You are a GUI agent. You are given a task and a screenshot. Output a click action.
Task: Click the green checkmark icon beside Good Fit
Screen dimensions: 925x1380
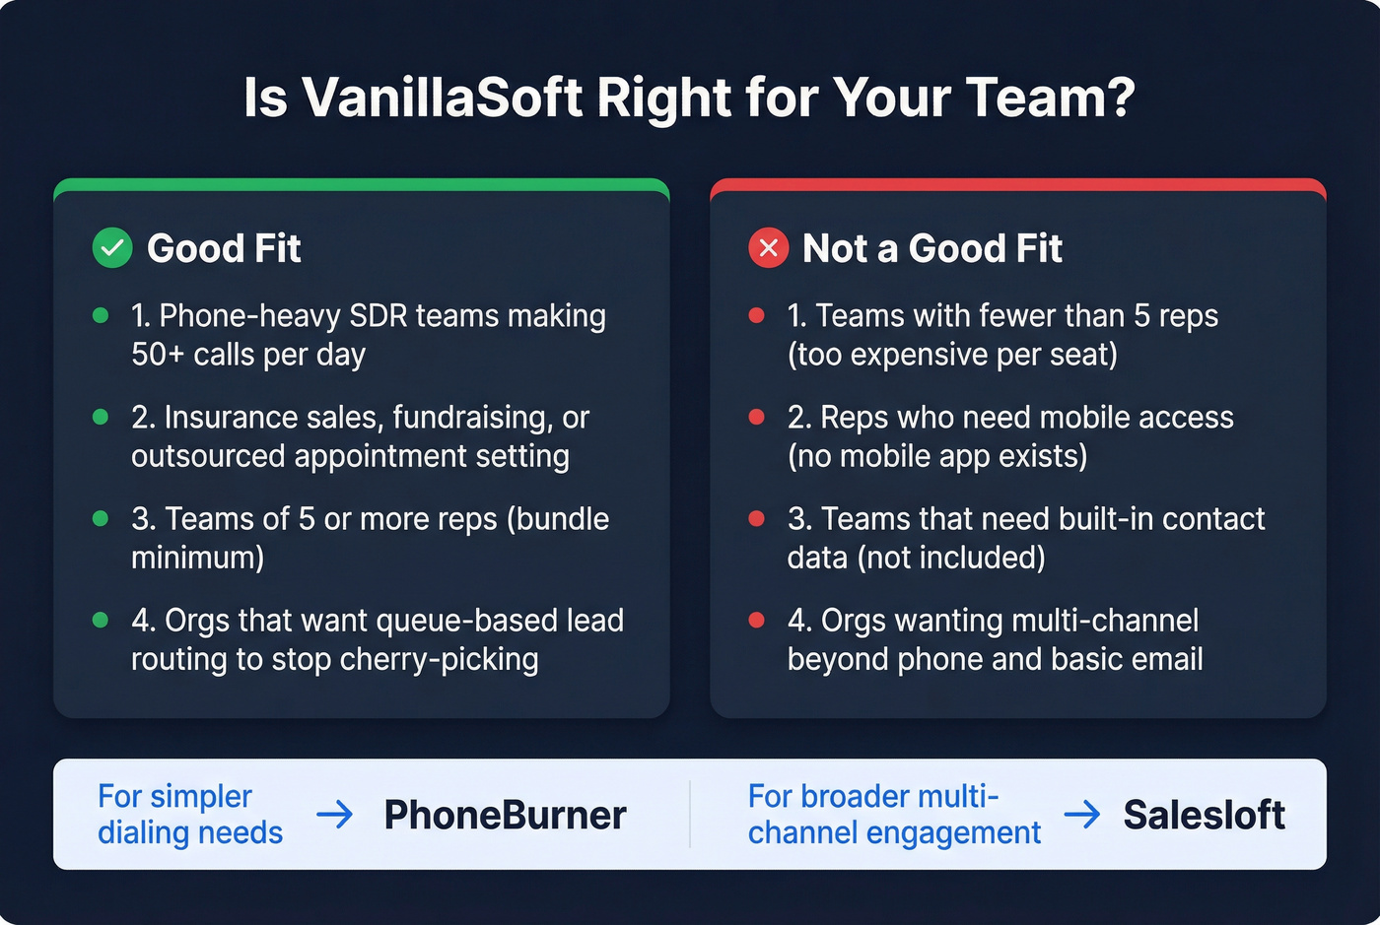pyautogui.click(x=112, y=248)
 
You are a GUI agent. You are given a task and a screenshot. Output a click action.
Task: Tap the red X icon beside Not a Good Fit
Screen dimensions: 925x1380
pyautogui.click(x=769, y=248)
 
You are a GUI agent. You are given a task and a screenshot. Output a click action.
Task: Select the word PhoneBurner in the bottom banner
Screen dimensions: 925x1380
pyautogui.click(x=505, y=816)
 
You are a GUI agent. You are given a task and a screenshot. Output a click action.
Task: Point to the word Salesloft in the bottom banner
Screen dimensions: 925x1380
pyautogui.click(x=1204, y=816)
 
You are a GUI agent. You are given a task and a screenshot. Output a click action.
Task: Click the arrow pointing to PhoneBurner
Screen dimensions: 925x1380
pyautogui.click(x=335, y=815)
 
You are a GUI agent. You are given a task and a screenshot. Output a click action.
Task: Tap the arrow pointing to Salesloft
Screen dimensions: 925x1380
pyautogui.click(x=1082, y=815)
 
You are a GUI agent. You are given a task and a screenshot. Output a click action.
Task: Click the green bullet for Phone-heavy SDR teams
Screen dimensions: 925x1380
pyautogui.click(x=101, y=315)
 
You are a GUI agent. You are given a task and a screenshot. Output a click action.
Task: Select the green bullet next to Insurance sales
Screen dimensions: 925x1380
pyautogui.click(x=101, y=418)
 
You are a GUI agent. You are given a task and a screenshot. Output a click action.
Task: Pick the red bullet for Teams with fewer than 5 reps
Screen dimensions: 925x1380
pyautogui.click(x=757, y=315)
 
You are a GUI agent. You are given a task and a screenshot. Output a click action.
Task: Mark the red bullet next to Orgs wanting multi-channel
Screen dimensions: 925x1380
pyautogui.click(x=757, y=621)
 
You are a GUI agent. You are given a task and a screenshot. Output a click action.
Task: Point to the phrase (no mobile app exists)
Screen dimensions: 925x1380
pyautogui.click(x=937, y=456)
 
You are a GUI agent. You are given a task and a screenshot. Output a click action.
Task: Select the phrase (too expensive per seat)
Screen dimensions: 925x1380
pyautogui.click(x=952, y=355)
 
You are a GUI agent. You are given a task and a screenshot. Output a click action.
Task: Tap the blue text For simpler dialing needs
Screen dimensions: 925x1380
pyautogui.click(x=189, y=815)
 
